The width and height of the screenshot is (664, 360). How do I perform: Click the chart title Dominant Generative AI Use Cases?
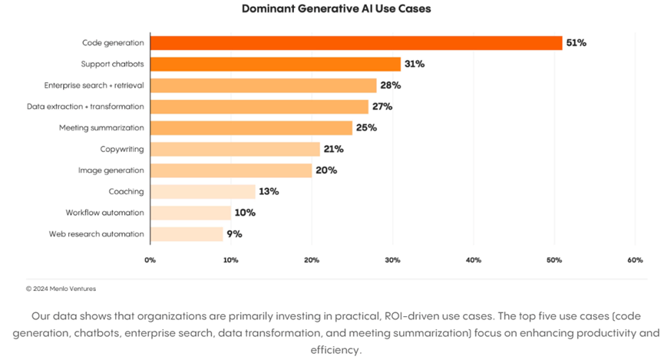click(x=336, y=9)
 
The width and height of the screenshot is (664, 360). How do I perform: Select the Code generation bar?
click(x=356, y=43)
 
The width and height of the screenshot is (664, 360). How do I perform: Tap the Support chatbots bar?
click(x=276, y=64)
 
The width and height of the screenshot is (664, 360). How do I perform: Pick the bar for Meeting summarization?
click(x=251, y=127)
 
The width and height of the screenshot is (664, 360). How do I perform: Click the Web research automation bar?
click(x=187, y=233)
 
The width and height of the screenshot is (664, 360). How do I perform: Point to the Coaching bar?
click(x=203, y=191)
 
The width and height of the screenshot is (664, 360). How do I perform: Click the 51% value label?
click(x=576, y=43)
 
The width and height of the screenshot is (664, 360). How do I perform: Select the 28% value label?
click(x=390, y=85)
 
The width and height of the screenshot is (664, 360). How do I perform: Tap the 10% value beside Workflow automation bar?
click(x=245, y=213)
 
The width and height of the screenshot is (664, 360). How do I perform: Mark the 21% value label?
click(x=333, y=149)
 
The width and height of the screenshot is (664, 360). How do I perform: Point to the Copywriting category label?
click(x=122, y=149)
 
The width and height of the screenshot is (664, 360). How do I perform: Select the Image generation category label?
click(x=111, y=170)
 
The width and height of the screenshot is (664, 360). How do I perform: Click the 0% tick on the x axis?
click(x=150, y=260)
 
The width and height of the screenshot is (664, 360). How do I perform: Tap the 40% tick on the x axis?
click(x=473, y=260)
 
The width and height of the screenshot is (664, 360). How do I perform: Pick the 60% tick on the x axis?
click(x=634, y=260)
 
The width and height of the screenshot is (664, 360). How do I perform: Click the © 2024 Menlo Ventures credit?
click(x=61, y=289)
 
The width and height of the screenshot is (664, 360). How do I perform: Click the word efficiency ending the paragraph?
click(x=335, y=349)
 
